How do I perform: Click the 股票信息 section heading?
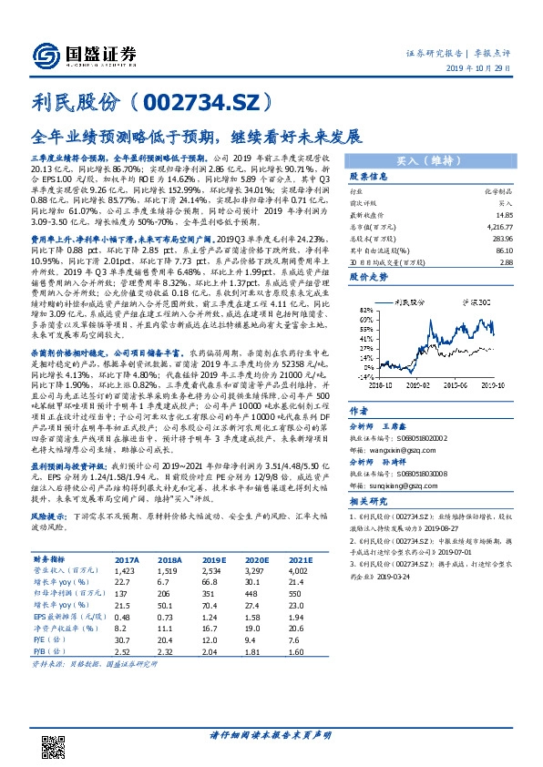[370, 177]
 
